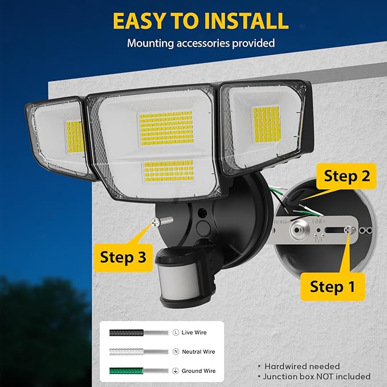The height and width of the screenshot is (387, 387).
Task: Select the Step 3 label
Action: pos(123,256)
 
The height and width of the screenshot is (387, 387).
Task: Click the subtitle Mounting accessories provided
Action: pos(201,43)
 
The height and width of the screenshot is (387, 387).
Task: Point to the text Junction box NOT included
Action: pos(316,376)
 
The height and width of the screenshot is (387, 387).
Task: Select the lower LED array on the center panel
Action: pos(168,169)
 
